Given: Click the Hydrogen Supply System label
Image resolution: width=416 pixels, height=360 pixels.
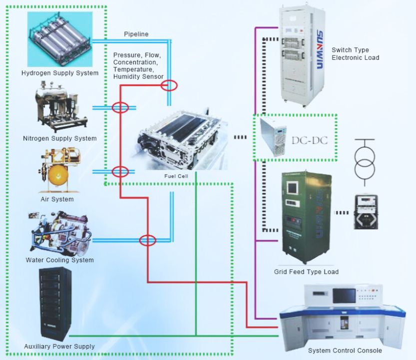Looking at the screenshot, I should (x=60, y=73).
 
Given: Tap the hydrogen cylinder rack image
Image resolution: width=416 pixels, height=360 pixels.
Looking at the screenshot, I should (x=60, y=39).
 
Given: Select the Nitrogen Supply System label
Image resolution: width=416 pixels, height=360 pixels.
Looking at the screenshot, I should (x=60, y=138).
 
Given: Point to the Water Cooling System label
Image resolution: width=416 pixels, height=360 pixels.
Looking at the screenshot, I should (x=60, y=260).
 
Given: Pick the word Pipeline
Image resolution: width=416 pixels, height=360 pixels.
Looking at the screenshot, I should (x=136, y=34).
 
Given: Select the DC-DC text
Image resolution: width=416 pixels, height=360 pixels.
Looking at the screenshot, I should (x=309, y=140).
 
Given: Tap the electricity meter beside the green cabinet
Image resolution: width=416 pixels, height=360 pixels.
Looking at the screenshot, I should (x=366, y=212).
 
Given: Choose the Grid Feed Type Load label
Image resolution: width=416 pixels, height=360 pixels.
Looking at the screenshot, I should (x=306, y=272).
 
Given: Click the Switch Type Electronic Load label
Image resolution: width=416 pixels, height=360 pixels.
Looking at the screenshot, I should (x=355, y=54).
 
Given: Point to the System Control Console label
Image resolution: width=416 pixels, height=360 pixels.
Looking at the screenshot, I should (x=345, y=351).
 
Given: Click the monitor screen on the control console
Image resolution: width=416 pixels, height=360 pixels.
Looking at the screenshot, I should (x=344, y=296).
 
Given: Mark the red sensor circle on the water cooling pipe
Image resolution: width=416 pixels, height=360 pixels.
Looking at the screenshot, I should (x=147, y=240).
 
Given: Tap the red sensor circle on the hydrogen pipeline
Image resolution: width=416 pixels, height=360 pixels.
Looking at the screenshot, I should (x=170, y=85).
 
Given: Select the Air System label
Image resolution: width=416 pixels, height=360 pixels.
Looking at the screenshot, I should (x=57, y=200).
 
